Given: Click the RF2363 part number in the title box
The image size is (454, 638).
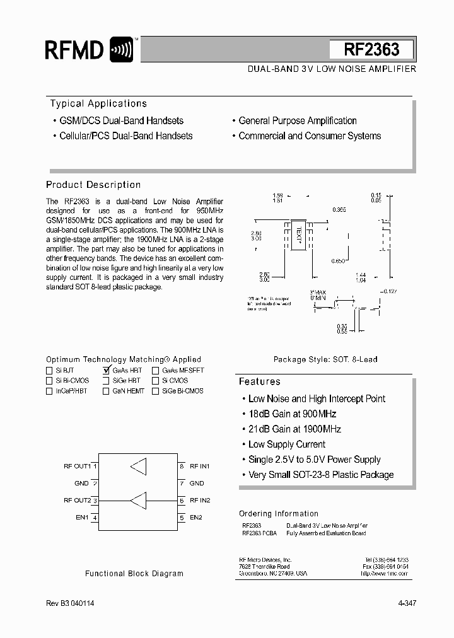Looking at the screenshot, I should (x=371, y=50).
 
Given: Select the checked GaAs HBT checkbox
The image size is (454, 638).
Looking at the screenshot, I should (x=106, y=371).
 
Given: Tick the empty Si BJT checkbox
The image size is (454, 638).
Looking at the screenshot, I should (x=50, y=371).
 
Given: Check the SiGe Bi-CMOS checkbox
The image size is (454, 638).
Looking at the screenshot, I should (x=155, y=391).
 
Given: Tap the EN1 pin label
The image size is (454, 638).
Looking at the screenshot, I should (x=83, y=518).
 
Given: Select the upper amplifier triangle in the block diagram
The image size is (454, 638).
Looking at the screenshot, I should (x=138, y=467).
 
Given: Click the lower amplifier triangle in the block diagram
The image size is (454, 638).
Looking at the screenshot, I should (x=138, y=501).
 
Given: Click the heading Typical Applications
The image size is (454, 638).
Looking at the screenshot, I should (x=98, y=104).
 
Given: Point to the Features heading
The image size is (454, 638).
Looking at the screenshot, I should (x=259, y=381).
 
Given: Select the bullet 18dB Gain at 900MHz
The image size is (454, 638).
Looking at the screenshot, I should (x=292, y=414).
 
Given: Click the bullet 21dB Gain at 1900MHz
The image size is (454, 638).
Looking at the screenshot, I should (x=294, y=429).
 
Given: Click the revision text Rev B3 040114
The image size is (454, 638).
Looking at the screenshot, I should (x=71, y=603).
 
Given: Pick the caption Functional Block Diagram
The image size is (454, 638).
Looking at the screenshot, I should (x=134, y=574).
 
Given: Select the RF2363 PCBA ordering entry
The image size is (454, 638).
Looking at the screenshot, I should (x=259, y=533).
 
